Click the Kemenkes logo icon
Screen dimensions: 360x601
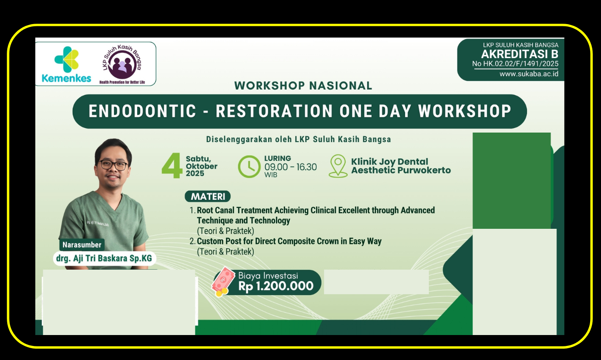[66, 59]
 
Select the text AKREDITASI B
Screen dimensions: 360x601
[520, 54]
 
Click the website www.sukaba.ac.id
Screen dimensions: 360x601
[529, 74]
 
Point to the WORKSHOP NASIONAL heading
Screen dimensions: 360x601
[303, 85]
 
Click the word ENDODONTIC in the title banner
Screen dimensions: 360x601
[143, 111]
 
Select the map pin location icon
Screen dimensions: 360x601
[338, 166]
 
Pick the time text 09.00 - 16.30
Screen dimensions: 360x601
[290, 167]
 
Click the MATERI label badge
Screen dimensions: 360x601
[208, 197]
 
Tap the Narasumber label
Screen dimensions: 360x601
[82, 245]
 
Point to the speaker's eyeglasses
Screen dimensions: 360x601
[113, 165]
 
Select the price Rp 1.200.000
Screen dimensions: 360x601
[276, 286]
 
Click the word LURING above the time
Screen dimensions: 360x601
[278, 158]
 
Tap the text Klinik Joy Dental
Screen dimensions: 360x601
[389, 162]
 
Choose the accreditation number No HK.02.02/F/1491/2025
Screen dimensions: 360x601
[515, 64]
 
